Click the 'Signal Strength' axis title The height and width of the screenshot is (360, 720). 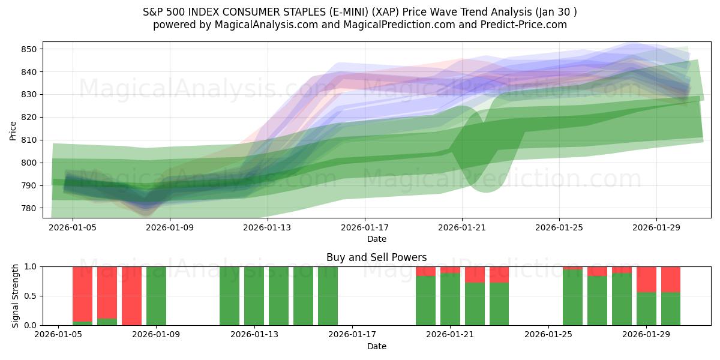point(16,296)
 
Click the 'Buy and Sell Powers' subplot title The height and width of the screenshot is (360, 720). point(376,257)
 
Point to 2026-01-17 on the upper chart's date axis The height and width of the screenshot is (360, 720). point(364,228)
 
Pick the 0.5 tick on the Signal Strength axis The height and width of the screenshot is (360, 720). point(32,296)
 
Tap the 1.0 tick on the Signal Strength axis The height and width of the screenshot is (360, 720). point(32,266)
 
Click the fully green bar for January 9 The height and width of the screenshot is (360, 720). point(156,296)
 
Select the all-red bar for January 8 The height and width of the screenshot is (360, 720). point(131,296)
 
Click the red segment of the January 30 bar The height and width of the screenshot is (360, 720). point(671,279)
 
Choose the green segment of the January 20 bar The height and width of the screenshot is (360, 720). point(425,301)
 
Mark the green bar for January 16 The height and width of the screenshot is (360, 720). point(328,296)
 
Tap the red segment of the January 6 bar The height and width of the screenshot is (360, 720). point(82,293)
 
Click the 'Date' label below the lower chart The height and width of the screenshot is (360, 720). point(376,346)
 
